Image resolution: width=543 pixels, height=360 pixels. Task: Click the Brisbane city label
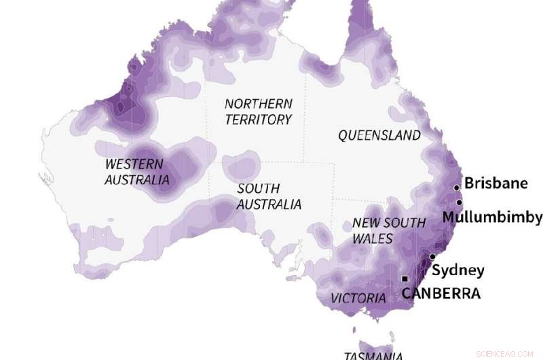(x=495, y=183)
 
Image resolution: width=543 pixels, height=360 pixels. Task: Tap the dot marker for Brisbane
(x=457, y=187)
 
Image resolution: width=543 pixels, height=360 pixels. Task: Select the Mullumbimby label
(x=492, y=217)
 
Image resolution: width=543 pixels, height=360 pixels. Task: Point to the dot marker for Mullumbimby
(x=460, y=202)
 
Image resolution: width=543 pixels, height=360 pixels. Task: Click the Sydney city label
(x=458, y=270)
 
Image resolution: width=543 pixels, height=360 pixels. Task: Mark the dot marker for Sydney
(x=432, y=256)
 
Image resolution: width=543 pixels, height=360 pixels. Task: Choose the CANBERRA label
(x=441, y=293)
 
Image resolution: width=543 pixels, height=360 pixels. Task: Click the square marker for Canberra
(x=405, y=278)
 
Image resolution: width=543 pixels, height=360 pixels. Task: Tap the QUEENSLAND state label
(x=379, y=135)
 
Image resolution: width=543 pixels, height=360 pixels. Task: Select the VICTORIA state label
(x=358, y=298)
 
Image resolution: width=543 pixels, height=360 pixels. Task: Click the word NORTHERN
(x=259, y=104)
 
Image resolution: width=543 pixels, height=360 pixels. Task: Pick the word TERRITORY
(x=259, y=120)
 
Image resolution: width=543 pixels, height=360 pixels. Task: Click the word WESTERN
(x=134, y=164)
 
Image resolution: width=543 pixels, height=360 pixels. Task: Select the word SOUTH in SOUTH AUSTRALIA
(x=256, y=189)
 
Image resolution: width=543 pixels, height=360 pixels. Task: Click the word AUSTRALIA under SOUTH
(x=269, y=204)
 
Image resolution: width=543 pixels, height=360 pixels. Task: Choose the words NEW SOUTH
(x=389, y=223)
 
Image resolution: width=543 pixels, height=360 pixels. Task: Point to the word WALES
(x=372, y=238)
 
